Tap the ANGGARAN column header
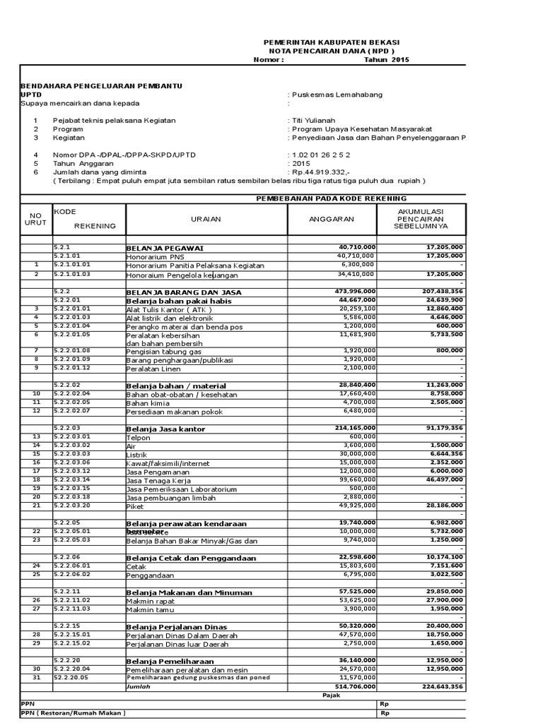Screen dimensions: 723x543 (x=332, y=220)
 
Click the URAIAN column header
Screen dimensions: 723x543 (x=206, y=219)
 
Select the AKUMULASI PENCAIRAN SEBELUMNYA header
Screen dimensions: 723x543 (x=421, y=220)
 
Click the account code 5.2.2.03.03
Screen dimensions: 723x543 (x=72, y=454)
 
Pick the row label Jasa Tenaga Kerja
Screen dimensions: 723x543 (x=155, y=480)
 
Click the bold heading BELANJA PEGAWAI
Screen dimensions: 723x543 (x=165, y=249)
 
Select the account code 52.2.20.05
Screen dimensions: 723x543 (x=71, y=677)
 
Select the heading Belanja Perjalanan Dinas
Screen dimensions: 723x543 (x=176, y=626)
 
